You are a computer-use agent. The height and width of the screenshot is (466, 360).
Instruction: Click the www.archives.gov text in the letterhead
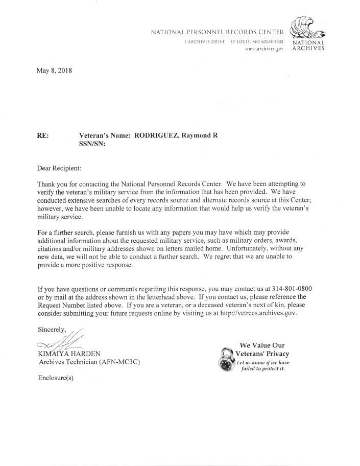pos(264,48)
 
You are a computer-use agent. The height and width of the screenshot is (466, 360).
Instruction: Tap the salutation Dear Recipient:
pos(59,168)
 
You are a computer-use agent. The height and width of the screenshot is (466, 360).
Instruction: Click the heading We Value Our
pos(261,345)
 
